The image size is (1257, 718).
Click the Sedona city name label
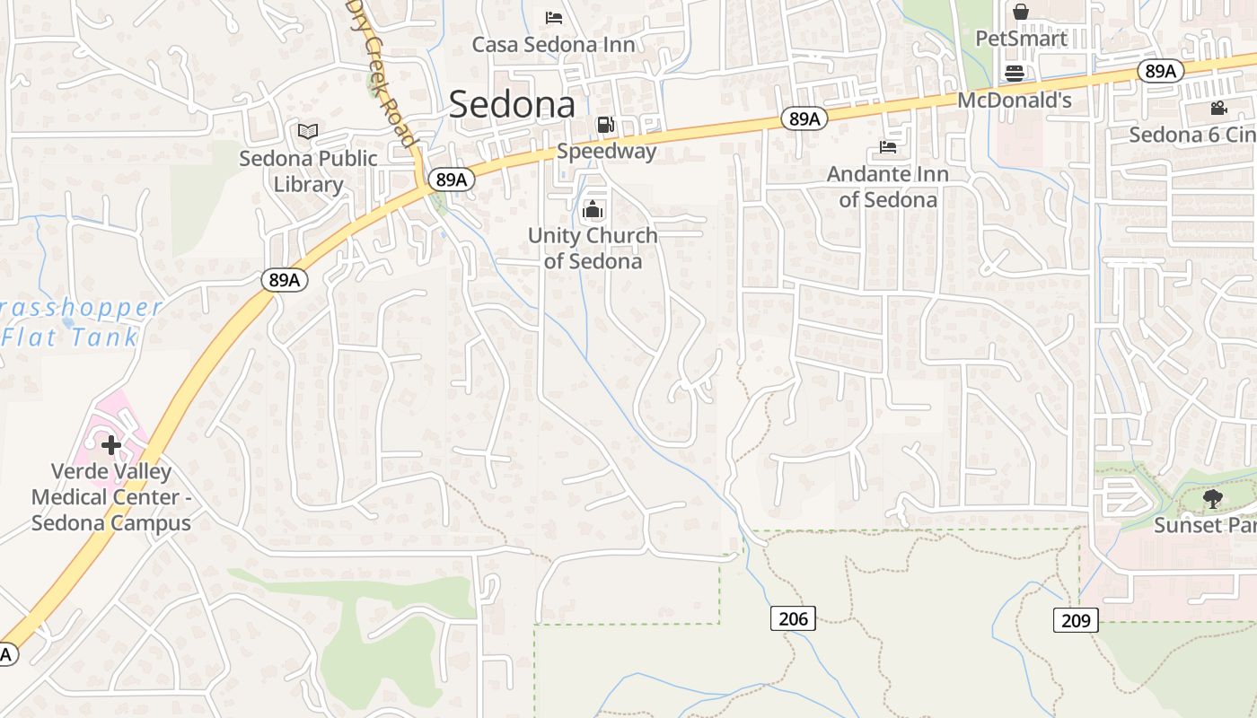pos(512,104)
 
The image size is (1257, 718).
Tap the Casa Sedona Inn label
pos(553,44)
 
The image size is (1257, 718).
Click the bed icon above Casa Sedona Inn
pos(554,17)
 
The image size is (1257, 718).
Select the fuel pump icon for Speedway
pos(606,125)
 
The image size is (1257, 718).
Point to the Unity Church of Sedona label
pos(593,248)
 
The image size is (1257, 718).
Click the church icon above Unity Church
pos(593,211)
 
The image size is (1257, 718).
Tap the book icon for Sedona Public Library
pos(308,132)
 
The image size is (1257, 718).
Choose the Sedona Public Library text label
pos(308,171)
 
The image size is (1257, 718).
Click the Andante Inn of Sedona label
pos(887,186)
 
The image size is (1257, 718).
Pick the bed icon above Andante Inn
pos(888,146)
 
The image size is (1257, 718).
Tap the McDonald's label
pos(1015,100)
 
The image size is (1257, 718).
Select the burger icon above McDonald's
pos(1015,73)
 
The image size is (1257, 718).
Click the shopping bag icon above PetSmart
pos(1021,12)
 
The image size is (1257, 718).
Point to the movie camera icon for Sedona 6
pos(1218,109)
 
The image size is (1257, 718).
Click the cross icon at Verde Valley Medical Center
pos(111,445)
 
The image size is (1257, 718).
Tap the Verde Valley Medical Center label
pos(111,497)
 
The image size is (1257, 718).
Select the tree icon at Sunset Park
pos(1212,498)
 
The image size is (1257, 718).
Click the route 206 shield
pos(793,617)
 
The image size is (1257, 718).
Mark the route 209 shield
pos(1075,619)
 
